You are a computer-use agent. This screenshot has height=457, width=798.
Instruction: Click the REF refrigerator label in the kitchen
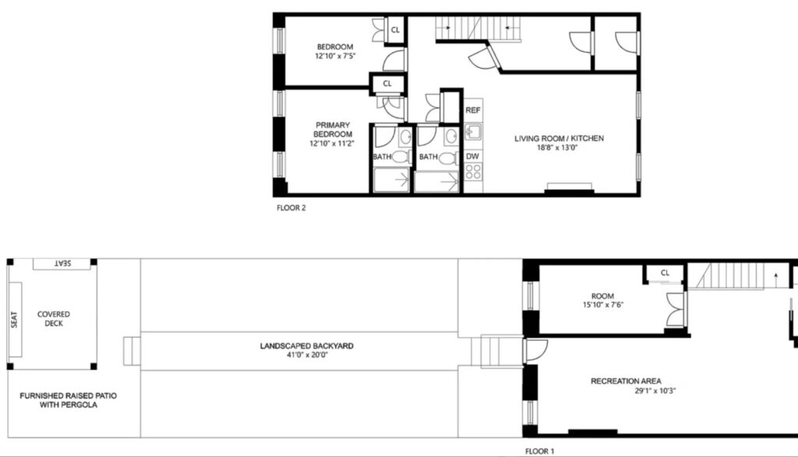pyautogui.click(x=473, y=110)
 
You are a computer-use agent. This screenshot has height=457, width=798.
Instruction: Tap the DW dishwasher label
pyautogui.click(x=472, y=157)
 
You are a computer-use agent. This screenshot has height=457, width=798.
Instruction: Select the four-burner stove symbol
pyautogui.click(x=473, y=172)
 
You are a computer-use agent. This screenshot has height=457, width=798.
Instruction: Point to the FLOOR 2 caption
pyautogui.click(x=291, y=208)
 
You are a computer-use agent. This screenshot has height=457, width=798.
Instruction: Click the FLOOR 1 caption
pyautogui.click(x=539, y=451)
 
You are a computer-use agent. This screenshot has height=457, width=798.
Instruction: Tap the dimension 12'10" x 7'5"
pyautogui.click(x=335, y=56)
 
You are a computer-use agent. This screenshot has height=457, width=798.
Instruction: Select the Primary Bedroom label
pyautogui.click(x=333, y=129)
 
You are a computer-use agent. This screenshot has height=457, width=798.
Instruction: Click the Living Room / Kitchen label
pyautogui.click(x=559, y=139)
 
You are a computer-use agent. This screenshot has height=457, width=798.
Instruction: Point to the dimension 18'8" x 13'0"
pyautogui.click(x=559, y=147)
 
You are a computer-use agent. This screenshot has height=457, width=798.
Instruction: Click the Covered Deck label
pyautogui.click(x=54, y=319)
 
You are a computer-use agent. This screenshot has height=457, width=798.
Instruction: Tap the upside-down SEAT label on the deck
pyautogui.click(x=62, y=264)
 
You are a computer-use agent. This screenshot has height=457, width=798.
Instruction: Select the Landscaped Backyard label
pyautogui.click(x=306, y=346)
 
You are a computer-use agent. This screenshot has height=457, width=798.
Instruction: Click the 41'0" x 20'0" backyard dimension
pyautogui.click(x=307, y=355)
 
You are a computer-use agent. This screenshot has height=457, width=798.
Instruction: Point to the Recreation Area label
pyautogui.click(x=626, y=381)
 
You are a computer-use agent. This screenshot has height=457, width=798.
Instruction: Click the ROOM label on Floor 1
pyautogui.click(x=602, y=296)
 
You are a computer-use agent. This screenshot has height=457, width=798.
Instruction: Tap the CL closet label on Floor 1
pyautogui.click(x=665, y=273)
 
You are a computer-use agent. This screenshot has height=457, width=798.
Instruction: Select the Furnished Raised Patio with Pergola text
pyautogui.click(x=69, y=400)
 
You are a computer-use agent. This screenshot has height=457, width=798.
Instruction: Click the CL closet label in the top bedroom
pyautogui.click(x=395, y=30)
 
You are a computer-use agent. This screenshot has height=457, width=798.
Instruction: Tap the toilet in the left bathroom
pyautogui.click(x=400, y=157)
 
